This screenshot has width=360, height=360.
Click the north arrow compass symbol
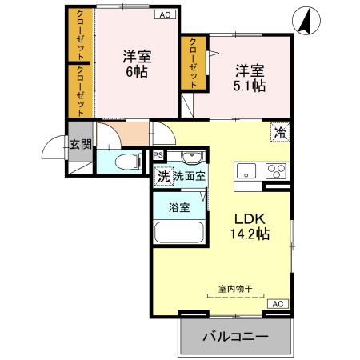click(x=305, y=20)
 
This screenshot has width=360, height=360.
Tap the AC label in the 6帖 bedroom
click(x=164, y=14)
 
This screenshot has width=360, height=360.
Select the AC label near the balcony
click(x=277, y=305)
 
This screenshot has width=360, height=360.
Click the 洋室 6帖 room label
click(x=137, y=63)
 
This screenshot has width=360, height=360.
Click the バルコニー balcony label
click(x=234, y=337)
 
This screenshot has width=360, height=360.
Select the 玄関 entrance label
click(x=79, y=144)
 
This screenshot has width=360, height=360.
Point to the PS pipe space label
click(x=158, y=155)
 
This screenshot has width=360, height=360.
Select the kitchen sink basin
click(x=245, y=170)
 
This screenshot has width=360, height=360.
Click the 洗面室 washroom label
click(x=189, y=177)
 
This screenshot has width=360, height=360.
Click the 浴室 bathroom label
click(x=178, y=207)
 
